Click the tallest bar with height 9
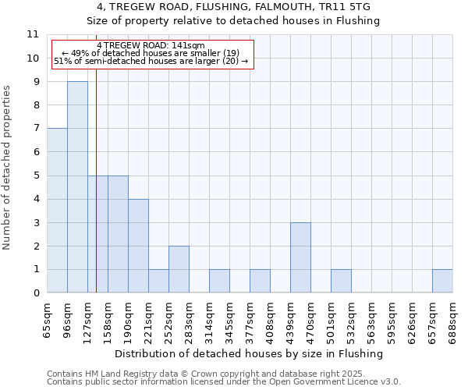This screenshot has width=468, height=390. tap(77, 187)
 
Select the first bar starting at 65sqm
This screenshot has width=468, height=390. tap(57, 211)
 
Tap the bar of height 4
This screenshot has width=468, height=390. tap(138, 246)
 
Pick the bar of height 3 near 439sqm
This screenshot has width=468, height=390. tap(300, 257)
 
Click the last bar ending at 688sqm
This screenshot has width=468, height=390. tap(442, 281)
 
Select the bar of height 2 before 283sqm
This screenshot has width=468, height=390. tap(179, 269)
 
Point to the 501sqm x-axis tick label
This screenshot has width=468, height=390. tap(331, 320)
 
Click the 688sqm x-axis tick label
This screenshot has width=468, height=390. tap(453, 320)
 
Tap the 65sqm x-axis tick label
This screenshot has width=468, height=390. tap(48, 320)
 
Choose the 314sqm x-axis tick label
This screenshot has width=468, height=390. tap(210, 320)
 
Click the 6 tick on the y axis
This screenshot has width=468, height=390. tap(35, 152)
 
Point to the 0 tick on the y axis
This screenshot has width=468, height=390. tap(35, 293)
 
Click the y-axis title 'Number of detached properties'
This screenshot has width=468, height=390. tap(8, 168)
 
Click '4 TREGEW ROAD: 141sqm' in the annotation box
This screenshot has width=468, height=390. tap(151, 46)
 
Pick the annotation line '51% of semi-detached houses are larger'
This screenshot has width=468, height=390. tap(151, 60)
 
